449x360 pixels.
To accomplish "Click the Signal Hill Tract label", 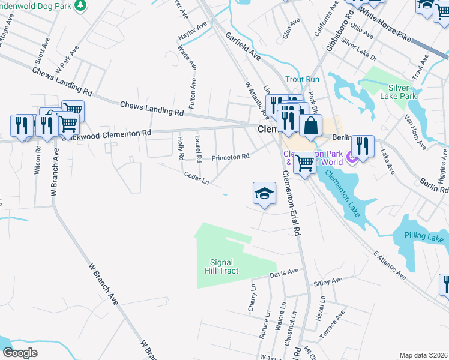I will [224, 266].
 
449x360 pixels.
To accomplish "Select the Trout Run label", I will [302, 79].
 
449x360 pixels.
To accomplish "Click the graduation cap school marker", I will [264, 194].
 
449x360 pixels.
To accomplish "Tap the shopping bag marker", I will [310, 125].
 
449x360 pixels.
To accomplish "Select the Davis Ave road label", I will [284, 272].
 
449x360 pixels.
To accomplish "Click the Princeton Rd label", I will [230, 157].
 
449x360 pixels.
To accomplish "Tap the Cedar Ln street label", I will [196, 178].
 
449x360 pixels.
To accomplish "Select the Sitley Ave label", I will [328, 281].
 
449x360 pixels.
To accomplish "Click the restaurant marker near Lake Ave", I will [363, 145].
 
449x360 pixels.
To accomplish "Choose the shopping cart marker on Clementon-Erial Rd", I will [304, 161].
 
